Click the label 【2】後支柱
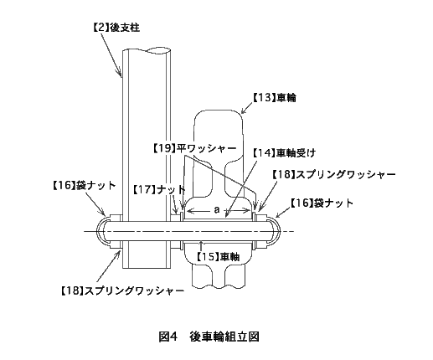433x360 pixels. pos(116,28)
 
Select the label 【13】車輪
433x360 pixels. pos(275,98)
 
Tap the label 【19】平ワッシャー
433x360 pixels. pos(194,148)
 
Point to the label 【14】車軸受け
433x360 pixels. pos(284,153)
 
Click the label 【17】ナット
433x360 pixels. pos(158,190)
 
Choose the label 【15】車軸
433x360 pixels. pos(218,256)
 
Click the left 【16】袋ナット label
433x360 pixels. pos(84,186)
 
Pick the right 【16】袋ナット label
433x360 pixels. pos(322,203)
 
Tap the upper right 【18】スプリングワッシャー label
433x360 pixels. pos(334,175)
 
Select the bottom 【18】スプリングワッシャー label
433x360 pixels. pos(122,291)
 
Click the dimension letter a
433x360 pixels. pos(217,210)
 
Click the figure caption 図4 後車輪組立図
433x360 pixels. pos(209,337)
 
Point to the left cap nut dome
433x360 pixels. pos(97,231)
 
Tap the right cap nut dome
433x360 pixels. pos(277,231)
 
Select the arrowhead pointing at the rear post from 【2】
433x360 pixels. pos(120,74)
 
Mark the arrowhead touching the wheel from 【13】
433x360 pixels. pos(243,111)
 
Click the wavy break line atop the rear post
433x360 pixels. pos(147,50)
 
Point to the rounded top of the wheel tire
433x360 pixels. pos(218,111)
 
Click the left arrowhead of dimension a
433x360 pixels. pos(189,211)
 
